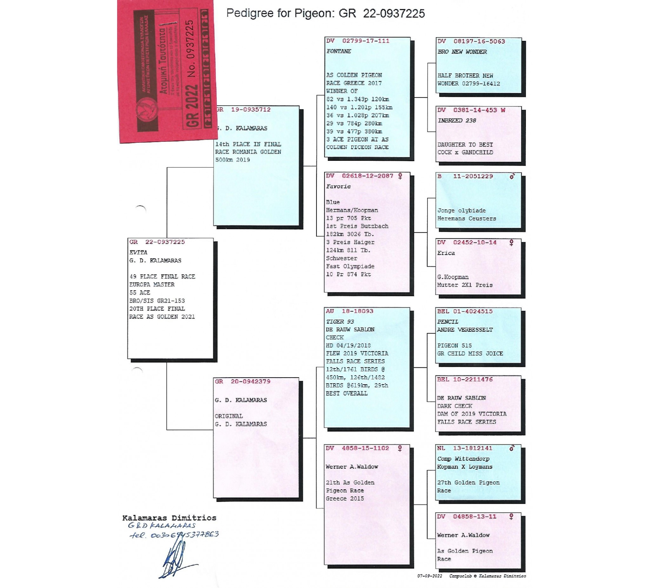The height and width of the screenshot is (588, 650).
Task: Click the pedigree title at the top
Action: click(x=325, y=14)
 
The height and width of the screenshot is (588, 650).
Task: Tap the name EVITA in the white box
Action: click(x=138, y=252)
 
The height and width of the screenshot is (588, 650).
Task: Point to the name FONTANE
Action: click(x=339, y=51)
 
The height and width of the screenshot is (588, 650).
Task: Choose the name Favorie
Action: click(x=338, y=186)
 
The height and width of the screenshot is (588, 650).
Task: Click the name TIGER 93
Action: click(x=340, y=322)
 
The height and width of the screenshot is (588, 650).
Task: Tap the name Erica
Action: click(x=446, y=253)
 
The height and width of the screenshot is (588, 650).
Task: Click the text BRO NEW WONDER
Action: click(x=462, y=52)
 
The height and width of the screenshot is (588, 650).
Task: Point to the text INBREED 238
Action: click(x=456, y=120)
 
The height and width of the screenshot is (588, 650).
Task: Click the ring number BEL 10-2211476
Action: click(x=465, y=379)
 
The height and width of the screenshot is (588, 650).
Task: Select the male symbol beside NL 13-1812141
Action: click(x=512, y=448)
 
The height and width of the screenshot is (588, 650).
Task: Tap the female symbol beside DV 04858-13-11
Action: click(x=511, y=516)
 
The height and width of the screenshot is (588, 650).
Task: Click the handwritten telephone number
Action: click(x=174, y=535)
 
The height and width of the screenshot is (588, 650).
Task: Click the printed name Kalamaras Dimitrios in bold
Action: click(x=169, y=518)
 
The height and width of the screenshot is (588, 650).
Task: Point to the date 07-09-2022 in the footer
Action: click(x=429, y=576)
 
